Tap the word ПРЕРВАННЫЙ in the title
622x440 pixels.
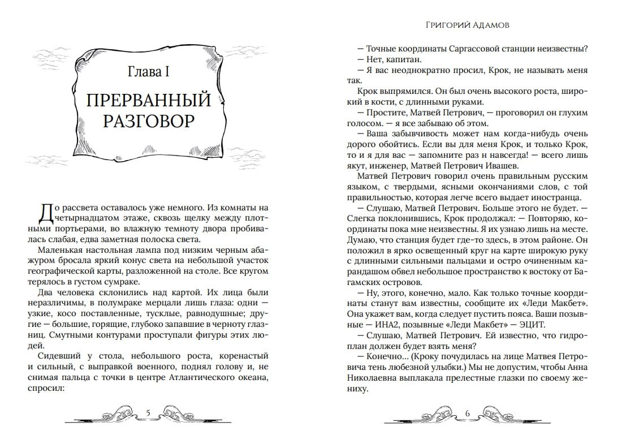point(149,101)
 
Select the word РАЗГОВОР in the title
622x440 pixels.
point(149,123)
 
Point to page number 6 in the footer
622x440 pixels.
point(468,412)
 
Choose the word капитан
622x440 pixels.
point(403,59)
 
